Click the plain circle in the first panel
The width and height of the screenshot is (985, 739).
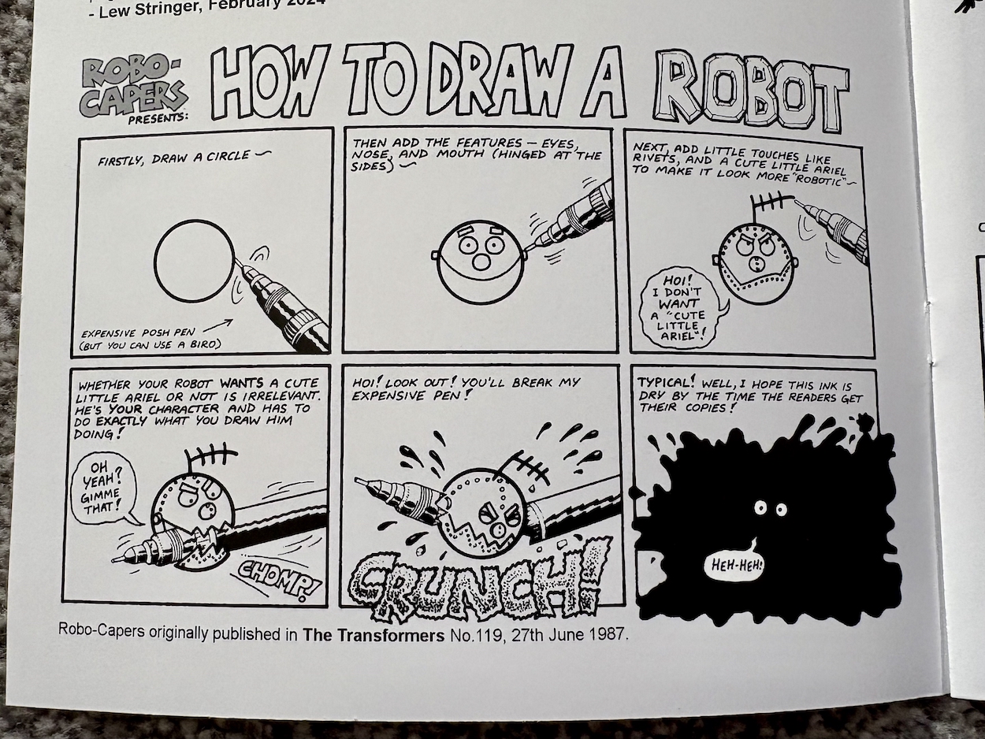pyautogui.click(x=195, y=260)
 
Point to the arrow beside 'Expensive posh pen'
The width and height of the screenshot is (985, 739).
pyautogui.click(x=218, y=326)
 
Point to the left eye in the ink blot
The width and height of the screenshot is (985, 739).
pyautogui.click(x=760, y=507)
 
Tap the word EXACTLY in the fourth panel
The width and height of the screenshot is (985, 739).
pyautogui.click(x=121, y=421)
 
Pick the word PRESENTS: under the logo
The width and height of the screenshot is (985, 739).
pyautogui.click(x=158, y=119)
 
